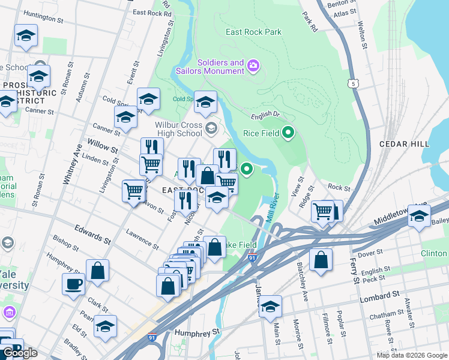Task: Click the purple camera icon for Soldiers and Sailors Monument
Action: tap(253, 65)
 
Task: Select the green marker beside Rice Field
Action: tap(288, 133)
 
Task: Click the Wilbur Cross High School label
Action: tap(170, 128)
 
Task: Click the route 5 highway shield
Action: tap(355, 84)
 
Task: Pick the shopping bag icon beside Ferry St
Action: tap(321, 260)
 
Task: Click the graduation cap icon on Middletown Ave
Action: tap(420, 216)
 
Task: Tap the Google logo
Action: tap(19, 353)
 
